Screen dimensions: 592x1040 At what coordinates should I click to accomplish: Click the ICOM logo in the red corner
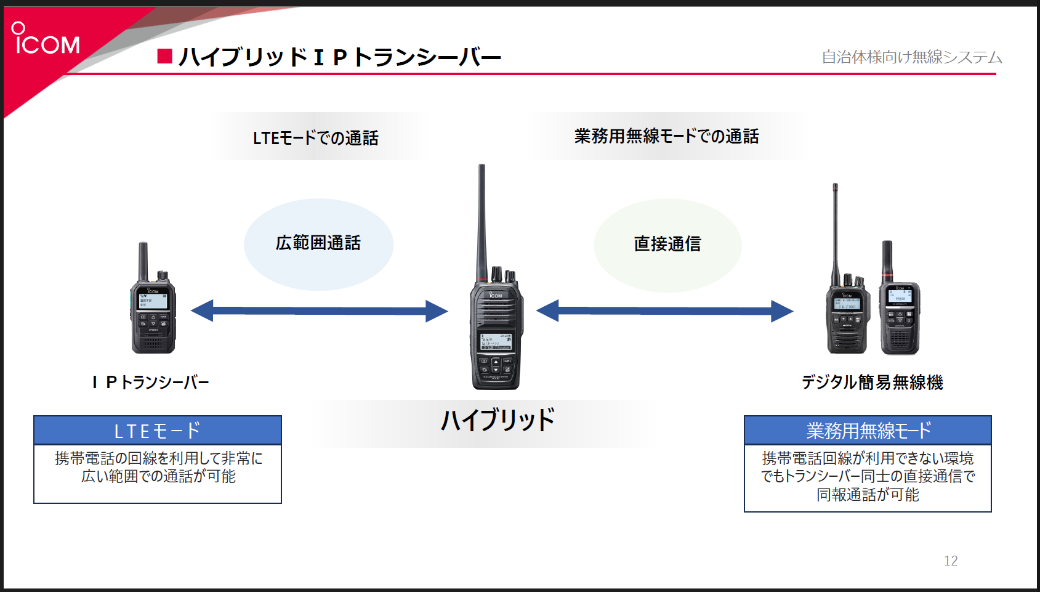click(46, 39)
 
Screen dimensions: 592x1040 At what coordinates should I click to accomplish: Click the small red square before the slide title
click(164, 57)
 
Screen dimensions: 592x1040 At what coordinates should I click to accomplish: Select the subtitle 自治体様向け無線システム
click(911, 57)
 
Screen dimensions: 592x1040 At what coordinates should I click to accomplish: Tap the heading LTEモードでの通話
click(315, 138)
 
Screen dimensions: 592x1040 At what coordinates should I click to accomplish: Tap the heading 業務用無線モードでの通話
click(666, 136)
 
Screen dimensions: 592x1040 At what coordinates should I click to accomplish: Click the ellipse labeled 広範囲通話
click(318, 244)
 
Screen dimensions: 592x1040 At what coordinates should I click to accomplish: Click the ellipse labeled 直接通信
click(667, 245)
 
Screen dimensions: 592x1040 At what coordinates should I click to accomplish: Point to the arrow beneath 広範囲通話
click(319, 311)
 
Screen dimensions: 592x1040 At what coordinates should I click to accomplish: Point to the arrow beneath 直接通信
click(664, 311)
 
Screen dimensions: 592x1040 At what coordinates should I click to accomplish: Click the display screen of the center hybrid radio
click(496, 341)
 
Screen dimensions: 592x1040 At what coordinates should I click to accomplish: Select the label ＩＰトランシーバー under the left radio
click(151, 383)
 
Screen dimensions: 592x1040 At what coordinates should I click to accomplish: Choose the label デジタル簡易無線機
click(872, 383)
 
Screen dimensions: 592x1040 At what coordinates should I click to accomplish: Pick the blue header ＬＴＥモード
click(158, 431)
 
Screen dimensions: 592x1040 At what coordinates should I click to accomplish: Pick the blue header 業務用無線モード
click(868, 431)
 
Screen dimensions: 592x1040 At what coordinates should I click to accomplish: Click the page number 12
click(951, 561)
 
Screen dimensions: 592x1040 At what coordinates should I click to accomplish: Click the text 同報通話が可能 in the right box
click(868, 495)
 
